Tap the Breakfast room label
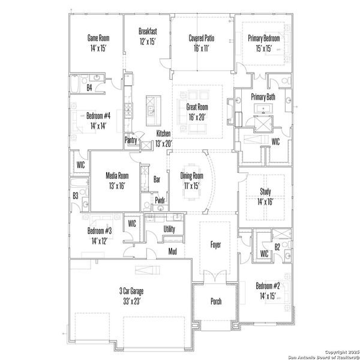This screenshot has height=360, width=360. click(147, 31)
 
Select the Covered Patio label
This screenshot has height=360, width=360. click(202, 38)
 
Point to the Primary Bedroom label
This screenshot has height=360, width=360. click(264, 38)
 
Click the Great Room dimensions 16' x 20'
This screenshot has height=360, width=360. click(196, 118)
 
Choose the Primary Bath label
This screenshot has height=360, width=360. click(263, 97)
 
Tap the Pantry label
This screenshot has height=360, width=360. click(131, 140)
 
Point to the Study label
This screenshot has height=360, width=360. click(265, 192)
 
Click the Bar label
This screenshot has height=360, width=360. click(157, 179)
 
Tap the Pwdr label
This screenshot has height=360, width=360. click(160, 200)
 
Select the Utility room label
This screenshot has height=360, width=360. click(169, 229)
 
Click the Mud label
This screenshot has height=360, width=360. click(172, 251)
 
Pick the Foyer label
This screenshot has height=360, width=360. click(216, 245)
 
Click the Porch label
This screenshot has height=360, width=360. click(216, 301)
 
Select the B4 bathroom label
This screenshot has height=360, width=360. click(89, 88)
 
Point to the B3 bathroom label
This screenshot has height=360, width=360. click(76, 196)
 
